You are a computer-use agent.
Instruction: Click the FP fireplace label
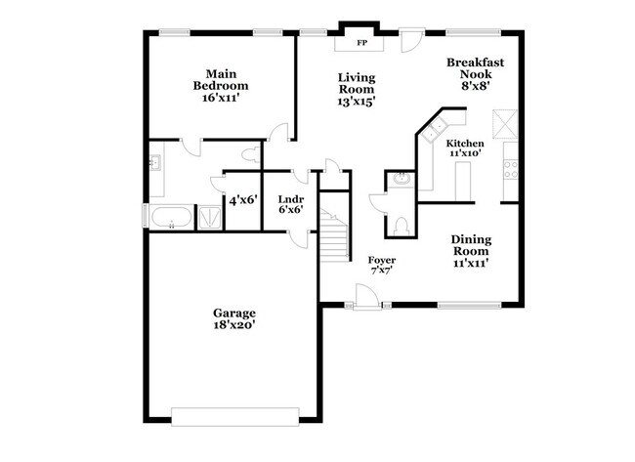(361, 43)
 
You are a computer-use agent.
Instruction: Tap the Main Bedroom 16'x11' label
(216, 86)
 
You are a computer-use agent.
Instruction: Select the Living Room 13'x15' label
(357, 89)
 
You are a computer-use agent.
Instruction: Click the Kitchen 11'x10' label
(465, 148)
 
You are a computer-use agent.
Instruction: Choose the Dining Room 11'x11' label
(470, 250)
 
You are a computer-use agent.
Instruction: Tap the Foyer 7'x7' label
(381, 265)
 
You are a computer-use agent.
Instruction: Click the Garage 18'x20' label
(234, 318)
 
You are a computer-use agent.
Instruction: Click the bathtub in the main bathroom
(171, 217)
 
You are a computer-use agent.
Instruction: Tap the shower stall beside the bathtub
(209, 217)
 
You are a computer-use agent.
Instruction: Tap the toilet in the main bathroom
(253, 152)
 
